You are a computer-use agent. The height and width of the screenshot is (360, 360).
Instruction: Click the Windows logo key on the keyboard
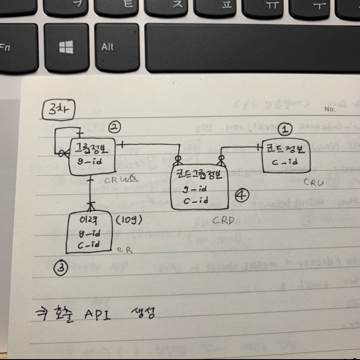point(66,47)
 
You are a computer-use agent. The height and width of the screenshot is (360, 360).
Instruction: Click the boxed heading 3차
point(59,110)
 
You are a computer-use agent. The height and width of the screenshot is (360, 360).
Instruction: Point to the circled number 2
point(114,127)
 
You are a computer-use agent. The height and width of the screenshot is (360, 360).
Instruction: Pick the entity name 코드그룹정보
point(199,175)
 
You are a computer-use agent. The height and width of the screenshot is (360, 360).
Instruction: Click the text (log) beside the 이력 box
point(130,221)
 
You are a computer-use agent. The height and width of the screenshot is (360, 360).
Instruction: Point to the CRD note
point(223,220)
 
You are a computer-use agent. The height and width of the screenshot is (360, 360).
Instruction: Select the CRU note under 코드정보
point(313,183)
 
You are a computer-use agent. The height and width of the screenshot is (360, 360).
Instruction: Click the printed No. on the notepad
point(330,109)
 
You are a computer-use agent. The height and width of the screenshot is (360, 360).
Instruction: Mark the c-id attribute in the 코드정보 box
point(287,162)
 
